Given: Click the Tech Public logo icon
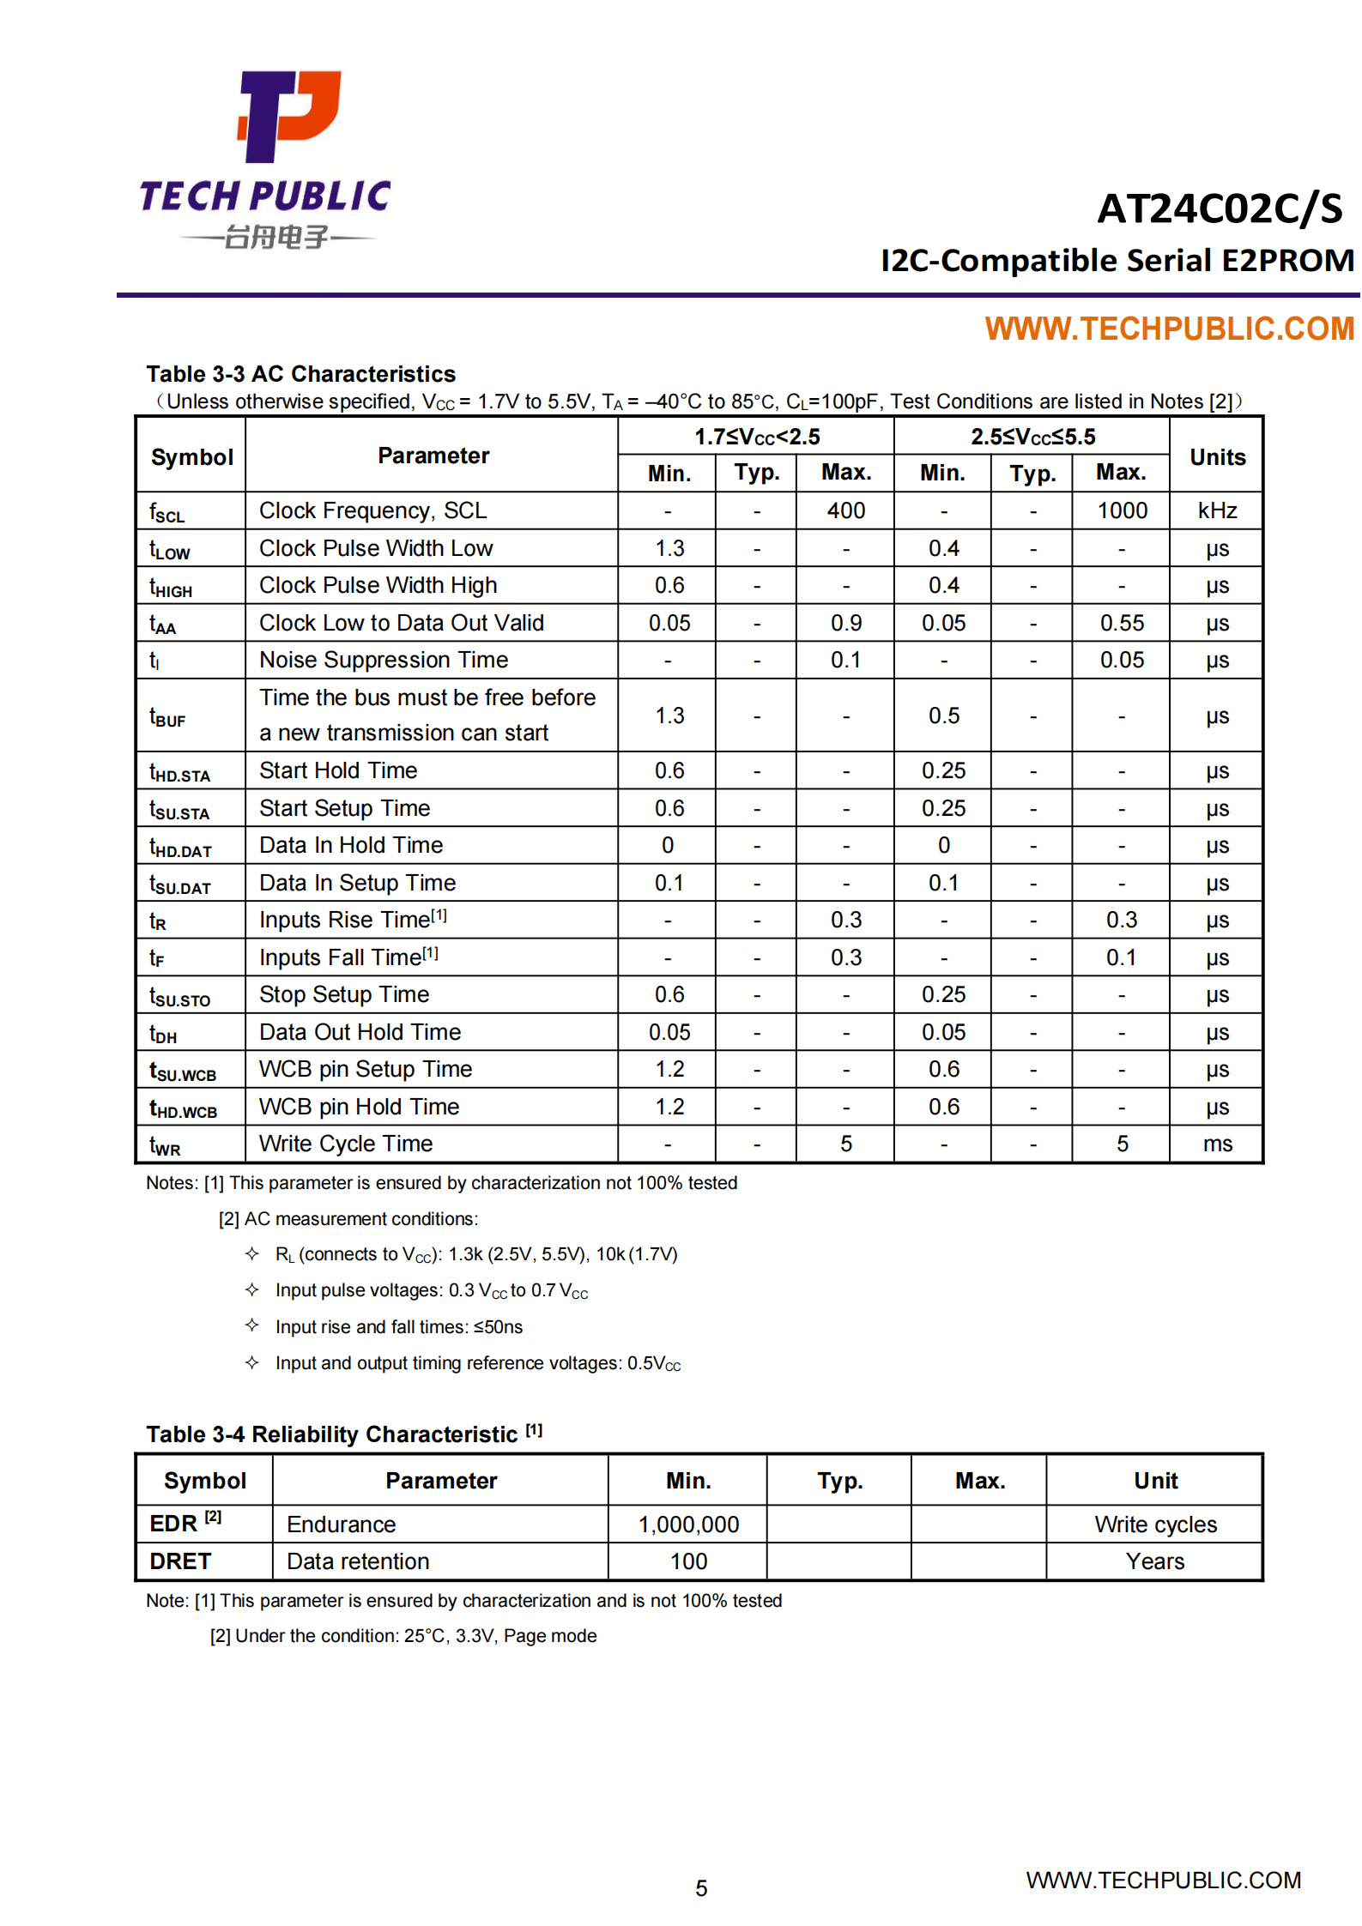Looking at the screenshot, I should (289, 116).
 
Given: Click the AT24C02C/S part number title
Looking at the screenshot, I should (1220, 208).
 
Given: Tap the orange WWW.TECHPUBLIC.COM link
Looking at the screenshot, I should (1169, 329).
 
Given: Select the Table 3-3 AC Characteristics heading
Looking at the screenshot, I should (300, 374).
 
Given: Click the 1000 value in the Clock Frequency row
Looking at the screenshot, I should (1122, 510).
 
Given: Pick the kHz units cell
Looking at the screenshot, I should (1217, 510).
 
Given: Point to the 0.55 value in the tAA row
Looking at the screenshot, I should (1122, 623).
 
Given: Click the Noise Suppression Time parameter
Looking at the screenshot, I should (384, 660).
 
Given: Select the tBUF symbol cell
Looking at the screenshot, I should (167, 716).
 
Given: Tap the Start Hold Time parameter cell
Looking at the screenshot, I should (338, 770).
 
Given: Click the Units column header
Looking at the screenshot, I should (1217, 457).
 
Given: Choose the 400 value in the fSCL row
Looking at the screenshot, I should (845, 510).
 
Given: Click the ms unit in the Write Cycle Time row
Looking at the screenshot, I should (1217, 1144).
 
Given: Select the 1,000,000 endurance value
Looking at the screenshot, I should (688, 1524).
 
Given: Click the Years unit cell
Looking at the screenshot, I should (1154, 1561).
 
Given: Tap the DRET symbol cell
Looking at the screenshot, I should (180, 1561).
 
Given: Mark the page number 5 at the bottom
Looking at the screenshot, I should (701, 1888).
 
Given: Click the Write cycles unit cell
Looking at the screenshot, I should (1154, 1524).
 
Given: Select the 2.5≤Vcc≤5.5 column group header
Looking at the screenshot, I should (1032, 437).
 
